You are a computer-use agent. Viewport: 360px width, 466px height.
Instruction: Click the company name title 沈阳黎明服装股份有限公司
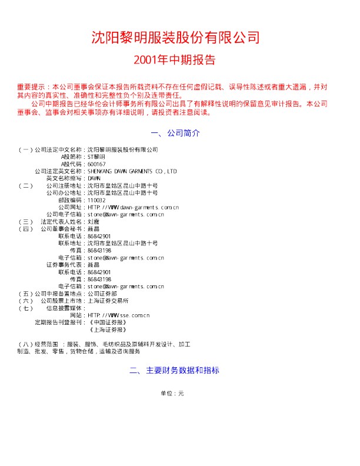175,38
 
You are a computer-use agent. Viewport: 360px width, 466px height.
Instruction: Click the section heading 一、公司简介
175,133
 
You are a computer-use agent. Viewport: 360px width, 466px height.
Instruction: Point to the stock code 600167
96,164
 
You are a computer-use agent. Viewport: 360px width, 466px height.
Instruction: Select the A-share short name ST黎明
96,157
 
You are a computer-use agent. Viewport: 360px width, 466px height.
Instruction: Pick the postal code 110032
96,200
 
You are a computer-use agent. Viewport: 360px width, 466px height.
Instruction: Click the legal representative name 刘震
94,221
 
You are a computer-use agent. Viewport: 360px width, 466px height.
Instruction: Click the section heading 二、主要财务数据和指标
175,371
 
